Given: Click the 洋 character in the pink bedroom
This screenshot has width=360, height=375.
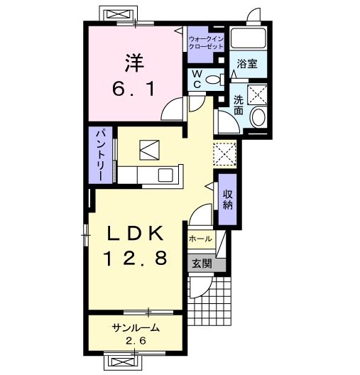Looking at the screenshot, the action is (135, 63).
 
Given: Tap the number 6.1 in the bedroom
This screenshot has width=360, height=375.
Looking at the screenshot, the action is (133, 88).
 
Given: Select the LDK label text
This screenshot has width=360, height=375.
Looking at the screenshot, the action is (136, 233).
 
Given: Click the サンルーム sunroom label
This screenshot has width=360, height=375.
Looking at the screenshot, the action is (136, 327).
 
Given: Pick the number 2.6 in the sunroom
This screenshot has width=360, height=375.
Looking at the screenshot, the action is (136, 340).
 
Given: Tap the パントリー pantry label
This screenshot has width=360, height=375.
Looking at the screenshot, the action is (101, 155).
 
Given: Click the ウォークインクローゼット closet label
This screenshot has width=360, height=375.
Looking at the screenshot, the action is (206, 43).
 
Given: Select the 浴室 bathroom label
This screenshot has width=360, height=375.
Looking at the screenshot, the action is (247, 64).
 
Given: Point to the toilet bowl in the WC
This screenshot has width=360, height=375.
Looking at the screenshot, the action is (213, 80).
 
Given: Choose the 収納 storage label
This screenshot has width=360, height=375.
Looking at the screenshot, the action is (228, 200).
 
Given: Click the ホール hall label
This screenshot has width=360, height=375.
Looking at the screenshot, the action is (200, 239).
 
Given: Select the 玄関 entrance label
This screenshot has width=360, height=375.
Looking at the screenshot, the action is (202, 263).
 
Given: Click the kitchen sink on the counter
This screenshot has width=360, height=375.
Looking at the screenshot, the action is (165, 175).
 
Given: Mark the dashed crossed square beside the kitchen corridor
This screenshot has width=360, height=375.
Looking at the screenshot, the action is (224, 154).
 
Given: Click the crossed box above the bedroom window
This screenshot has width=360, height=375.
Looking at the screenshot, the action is (119, 14).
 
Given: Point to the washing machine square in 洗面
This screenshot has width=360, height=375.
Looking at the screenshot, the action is (257, 94).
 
